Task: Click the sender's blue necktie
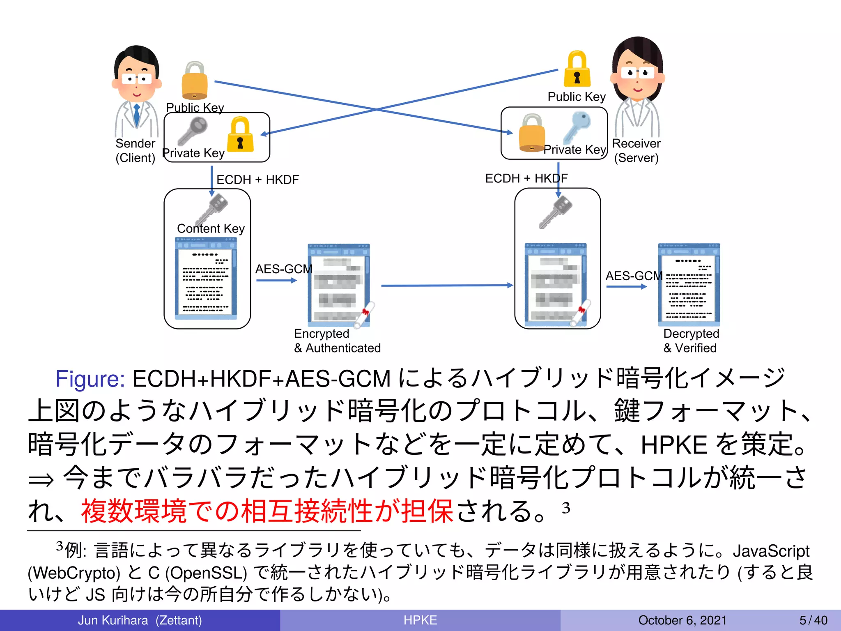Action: coord(137,115)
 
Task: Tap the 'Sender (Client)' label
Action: coord(135,150)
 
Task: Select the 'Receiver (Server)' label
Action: coord(636,150)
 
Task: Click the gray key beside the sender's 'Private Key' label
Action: coord(193,131)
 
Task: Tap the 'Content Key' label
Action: coord(211,228)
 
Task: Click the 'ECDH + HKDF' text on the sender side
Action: coord(257,180)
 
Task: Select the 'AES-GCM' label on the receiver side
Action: coord(634,276)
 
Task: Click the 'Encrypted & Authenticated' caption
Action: coord(337,341)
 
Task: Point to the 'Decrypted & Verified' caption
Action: coord(691,341)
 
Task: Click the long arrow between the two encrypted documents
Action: coord(447,285)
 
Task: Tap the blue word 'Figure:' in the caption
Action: coord(90,378)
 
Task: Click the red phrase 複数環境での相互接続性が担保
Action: coord(267,511)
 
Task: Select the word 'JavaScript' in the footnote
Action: coord(771,550)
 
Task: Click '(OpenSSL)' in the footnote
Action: coord(206,573)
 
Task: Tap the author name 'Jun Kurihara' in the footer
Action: coord(113,620)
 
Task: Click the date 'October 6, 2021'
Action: coord(682,620)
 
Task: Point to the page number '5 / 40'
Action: coord(813,620)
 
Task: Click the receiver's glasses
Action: coord(637,73)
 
